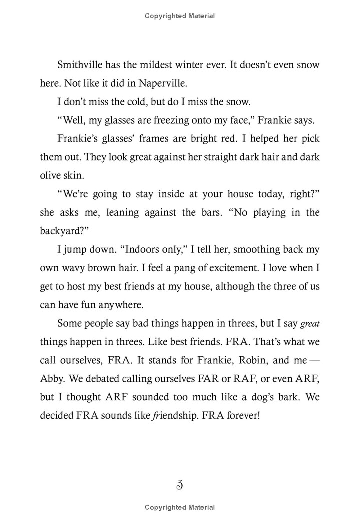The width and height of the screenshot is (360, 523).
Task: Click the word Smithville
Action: coord(81,65)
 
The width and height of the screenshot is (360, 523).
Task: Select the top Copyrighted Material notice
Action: coord(180,16)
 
